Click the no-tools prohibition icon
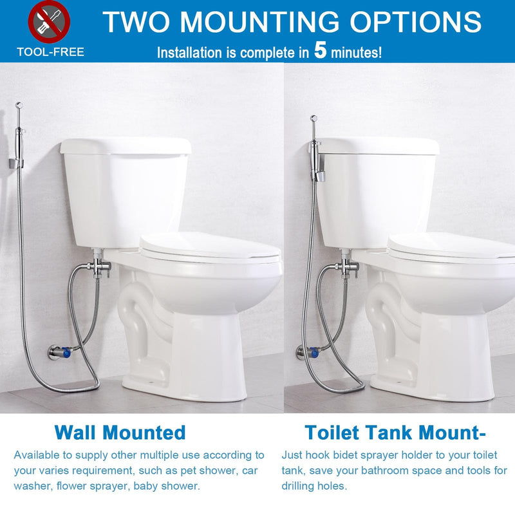pyautogui.click(x=49, y=22)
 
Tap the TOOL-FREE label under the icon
pyautogui.click(x=51, y=52)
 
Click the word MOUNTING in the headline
pyautogui.click(x=259, y=22)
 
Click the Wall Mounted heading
pyautogui.click(x=120, y=432)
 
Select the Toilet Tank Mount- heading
pyautogui.click(x=395, y=432)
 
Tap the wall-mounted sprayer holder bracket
pyautogui.click(x=15, y=164)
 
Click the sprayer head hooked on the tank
pyautogui.click(x=316, y=148)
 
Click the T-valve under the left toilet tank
pyautogui.click(x=98, y=265)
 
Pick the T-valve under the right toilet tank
pyautogui.click(x=346, y=265)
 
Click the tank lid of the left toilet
pyautogui.click(x=126, y=146)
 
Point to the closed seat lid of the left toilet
pyautogui.click(x=210, y=247)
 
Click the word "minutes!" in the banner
pyautogui.click(x=357, y=53)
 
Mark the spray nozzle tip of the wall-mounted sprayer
pyautogui.click(x=19, y=106)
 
